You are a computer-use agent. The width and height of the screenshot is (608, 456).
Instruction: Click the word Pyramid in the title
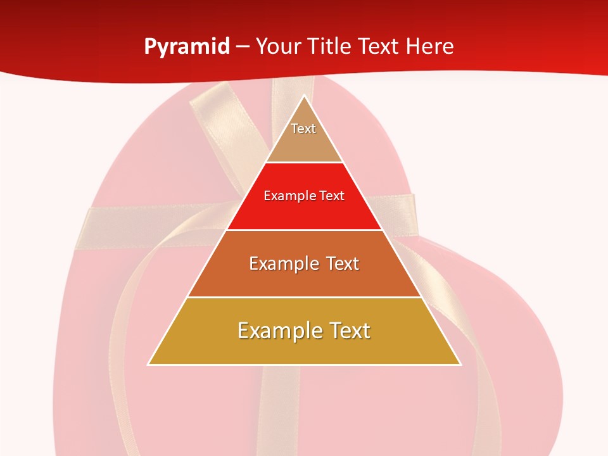187,47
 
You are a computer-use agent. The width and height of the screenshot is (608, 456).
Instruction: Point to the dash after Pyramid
243,47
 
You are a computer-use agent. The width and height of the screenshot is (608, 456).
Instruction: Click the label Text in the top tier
303,129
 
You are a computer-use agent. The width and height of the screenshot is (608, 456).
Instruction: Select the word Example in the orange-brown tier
284,263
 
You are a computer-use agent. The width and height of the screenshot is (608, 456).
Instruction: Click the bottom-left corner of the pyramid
149,364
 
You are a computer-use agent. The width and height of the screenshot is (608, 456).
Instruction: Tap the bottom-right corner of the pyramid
460,364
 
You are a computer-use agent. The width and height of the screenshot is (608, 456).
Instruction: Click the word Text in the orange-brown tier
341,263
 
